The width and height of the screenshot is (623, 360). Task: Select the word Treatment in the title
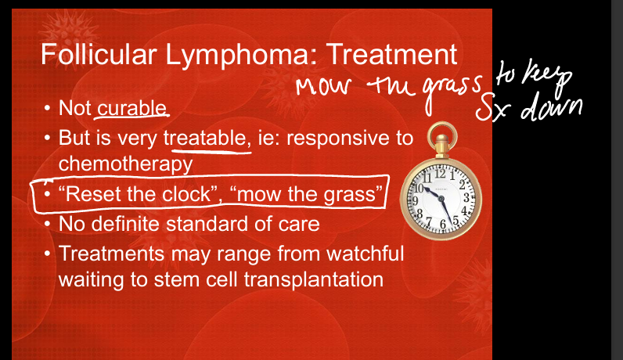pos(392,55)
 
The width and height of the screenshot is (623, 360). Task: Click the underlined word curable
pos(132,108)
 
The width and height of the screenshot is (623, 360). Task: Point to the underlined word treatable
pos(207,139)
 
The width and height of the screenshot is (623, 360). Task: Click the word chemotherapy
pos(125,164)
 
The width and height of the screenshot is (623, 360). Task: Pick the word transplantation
pos(314,280)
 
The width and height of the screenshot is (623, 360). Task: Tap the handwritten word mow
pos(323,86)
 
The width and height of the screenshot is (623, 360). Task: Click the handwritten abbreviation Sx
pos(492,108)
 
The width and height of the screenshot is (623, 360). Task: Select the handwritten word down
pos(552,106)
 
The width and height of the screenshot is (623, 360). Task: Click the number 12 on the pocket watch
pos(440,173)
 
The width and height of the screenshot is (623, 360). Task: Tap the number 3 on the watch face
pos(466,197)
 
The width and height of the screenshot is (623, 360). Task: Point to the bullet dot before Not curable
pos(47,108)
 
